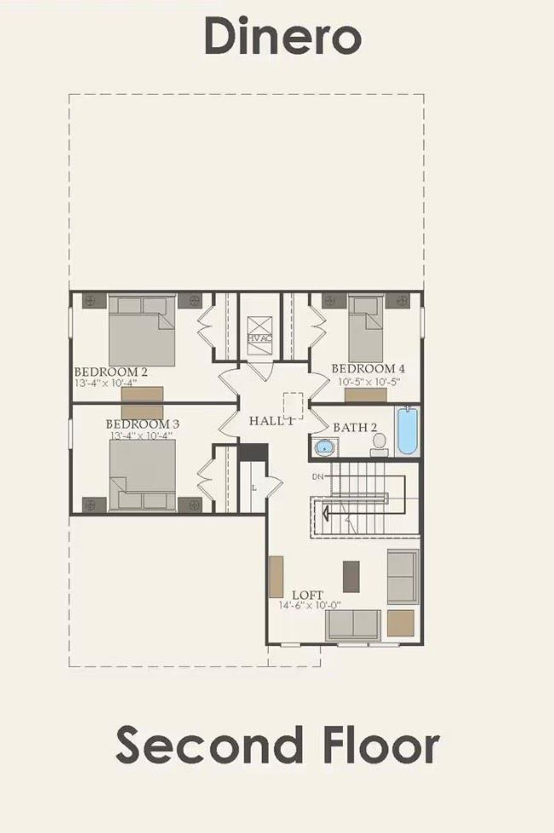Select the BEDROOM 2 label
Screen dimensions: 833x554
pyautogui.click(x=111, y=372)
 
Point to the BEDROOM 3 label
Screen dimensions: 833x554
pyautogui.click(x=142, y=424)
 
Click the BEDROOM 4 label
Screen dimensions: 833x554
pyautogui.click(x=368, y=369)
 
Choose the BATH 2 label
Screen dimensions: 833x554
pyautogui.click(x=355, y=428)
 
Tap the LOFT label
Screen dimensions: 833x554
pyautogui.click(x=307, y=595)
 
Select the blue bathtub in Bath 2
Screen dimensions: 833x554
pyautogui.click(x=407, y=430)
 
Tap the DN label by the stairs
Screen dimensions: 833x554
pyautogui.click(x=318, y=477)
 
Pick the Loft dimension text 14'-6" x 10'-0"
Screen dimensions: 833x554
pyautogui.click(x=310, y=606)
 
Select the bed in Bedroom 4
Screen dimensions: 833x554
pyautogui.click(x=366, y=329)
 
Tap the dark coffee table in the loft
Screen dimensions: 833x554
pyautogui.click(x=351, y=577)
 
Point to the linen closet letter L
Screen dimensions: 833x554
pyautogui.click(x=254, y=488)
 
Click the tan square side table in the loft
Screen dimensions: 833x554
pyautogui.click(x=400, y=623)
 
